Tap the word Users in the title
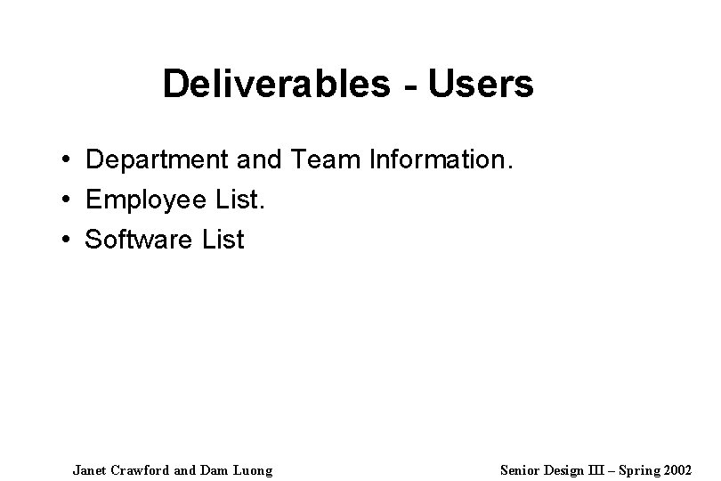[x=481, y=85]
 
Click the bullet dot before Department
[x=67, y=162]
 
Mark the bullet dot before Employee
[x=67, y=201]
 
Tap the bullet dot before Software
[x=67, y=240]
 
